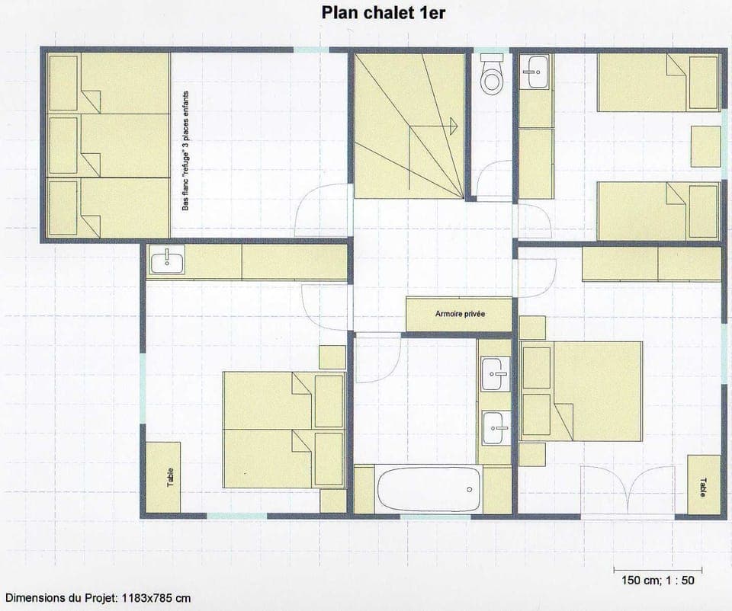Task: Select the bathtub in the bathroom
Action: pyautogui.click(x=429, y=490)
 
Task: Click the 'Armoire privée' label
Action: pyautogui.click(x=460, y=314)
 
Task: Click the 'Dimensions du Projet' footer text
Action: pyautogui.click(x=98, y=598)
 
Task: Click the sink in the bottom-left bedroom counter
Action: pyautogui.click(x=167, y=262)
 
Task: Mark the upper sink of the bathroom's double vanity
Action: pyautogui.click(x=496, y=374)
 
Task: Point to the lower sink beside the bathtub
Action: pyautogui.click(x=496, y=428)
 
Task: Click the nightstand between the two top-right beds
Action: pyautogui.click(x=705, y=147)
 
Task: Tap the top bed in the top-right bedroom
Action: pyautogui.click(x=657, y=83)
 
